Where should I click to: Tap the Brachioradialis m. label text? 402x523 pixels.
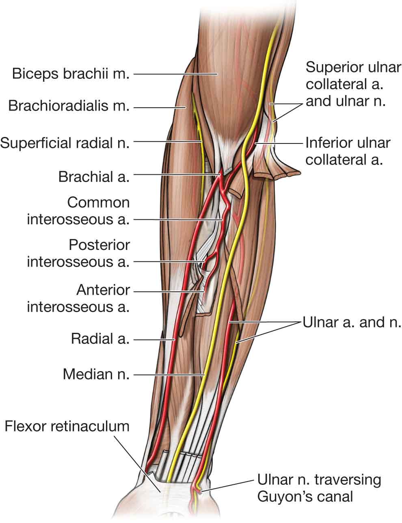(x=69, y=106)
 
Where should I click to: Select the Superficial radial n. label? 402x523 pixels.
(x=65, y=143)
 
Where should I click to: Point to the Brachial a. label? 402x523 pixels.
(x=94, y=177)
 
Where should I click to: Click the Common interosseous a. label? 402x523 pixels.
(x=78, y=211)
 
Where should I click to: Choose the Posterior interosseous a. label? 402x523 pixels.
(x=78, y=253)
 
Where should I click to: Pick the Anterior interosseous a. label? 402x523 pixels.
(x=78, y=298)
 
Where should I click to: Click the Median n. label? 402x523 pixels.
(x=96, y=374)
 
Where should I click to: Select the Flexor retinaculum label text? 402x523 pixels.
(x=67, y=426)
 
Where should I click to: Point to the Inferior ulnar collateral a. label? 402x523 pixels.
(x=348, y=151)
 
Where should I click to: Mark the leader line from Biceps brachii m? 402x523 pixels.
(x=175, y=74)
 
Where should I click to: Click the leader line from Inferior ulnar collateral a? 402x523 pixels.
(x=280, y=143)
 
